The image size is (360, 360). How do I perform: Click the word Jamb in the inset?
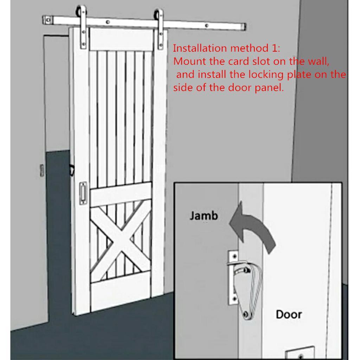204,216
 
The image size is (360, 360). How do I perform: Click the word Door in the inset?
289,314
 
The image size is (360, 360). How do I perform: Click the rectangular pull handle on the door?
83,193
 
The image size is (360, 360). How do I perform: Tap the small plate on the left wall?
42,171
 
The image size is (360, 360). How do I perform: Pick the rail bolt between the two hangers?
108,22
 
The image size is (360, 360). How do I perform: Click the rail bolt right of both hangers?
206,26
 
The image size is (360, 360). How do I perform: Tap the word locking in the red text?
266,75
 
